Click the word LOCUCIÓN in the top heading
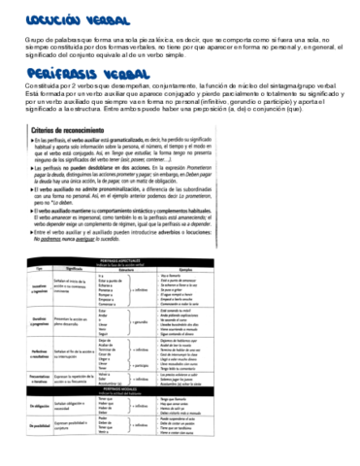click(x=40, y=17)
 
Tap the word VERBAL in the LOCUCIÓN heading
click(x=94, y=17)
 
